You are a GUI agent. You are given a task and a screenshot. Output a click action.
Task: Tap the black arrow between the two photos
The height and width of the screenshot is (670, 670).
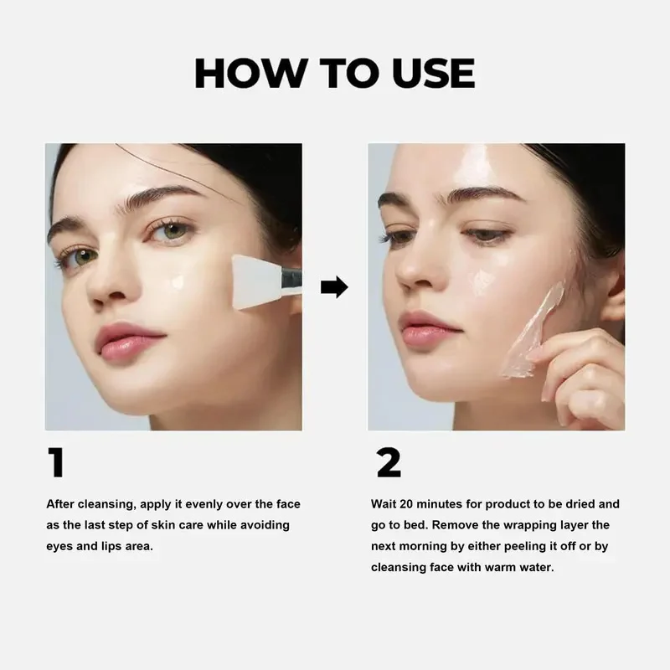coord(334,286)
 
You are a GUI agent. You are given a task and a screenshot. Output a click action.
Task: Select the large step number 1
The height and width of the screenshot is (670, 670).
coord(56,462)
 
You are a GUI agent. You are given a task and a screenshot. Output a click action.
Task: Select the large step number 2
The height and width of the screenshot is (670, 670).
coord(389,462)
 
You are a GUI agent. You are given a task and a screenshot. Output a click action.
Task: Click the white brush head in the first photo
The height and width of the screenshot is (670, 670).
coord(255,281)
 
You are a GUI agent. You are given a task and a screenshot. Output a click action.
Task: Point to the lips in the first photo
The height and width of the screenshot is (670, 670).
coord(128,341)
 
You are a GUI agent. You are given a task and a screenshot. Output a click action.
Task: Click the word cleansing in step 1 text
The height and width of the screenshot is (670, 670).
coord(107,505)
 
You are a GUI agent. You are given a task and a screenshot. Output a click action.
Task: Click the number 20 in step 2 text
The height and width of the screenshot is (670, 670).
coord(406,504)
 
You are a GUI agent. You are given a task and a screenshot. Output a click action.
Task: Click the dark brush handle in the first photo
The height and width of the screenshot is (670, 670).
coord(291,279)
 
